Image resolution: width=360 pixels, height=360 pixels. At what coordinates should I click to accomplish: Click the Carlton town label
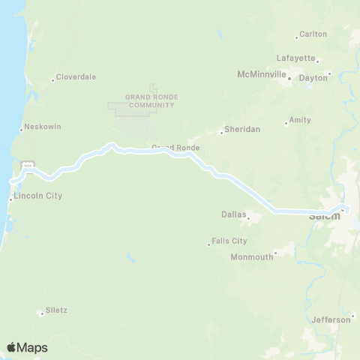point(313,34)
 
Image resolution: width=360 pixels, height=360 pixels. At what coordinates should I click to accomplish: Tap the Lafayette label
point(295,58)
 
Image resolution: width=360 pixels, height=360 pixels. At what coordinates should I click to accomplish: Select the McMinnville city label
point(262,75)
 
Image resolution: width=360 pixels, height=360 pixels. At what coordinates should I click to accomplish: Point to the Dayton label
point(313,77)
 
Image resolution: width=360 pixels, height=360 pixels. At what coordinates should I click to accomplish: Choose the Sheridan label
point(242,130)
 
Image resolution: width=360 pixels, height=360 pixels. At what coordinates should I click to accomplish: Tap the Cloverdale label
point(76,77)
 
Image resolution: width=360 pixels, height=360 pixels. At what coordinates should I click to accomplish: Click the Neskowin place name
point(40,127)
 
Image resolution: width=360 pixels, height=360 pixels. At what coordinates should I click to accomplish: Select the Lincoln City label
point(38,196)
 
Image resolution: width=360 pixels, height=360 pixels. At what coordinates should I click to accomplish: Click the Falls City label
point(229,241)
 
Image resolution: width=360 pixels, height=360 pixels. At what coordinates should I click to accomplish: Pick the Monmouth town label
point(252,256)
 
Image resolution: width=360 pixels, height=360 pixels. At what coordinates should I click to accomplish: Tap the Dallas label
point(234,214)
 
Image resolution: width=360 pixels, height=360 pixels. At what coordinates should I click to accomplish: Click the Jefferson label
point(331,319)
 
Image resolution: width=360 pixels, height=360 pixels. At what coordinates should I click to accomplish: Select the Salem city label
point(325,217)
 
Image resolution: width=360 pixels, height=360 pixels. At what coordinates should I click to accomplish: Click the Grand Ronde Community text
point(149,100)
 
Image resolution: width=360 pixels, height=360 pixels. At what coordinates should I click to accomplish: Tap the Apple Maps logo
point(27,347)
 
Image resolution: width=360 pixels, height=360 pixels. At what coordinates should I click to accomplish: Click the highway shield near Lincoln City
point(28,164)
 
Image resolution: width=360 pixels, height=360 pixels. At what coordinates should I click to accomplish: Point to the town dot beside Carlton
point(297,36)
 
